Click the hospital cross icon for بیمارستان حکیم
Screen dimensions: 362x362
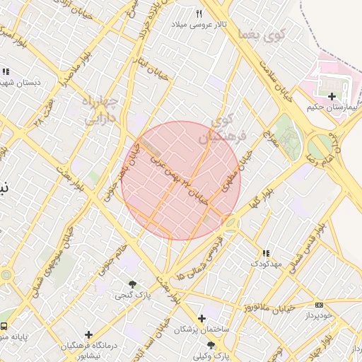(x=332, y=95)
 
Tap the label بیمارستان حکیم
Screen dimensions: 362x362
(x=330, y=107)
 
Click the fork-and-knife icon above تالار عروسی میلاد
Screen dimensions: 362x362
(x=200, y=14)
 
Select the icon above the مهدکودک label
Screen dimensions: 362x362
(x=266, y=253)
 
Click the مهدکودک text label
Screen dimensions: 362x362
(x=266, y=264)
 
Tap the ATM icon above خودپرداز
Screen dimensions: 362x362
(x=318, y=305)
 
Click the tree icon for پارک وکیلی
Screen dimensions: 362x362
(x=211, y=345)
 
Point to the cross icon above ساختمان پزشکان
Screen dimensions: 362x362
(x=202, y=319)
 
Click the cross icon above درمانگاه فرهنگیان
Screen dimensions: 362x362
(x=88, y=334)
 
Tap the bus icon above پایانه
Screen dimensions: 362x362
(x=5, y=327)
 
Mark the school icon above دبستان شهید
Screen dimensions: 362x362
(x=6, y=71)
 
